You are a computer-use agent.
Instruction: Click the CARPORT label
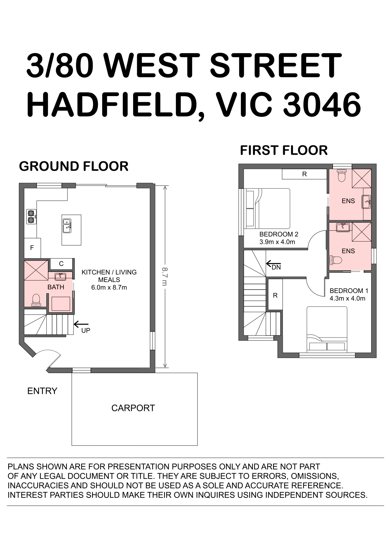[x=133, y=408]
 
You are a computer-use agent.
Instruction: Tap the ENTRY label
[x=42, y=391]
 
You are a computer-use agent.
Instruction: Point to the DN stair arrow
[x=273, y=263]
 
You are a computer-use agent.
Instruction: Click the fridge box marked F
[x=32, y=248]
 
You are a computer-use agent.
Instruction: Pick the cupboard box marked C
[x=61, y=264]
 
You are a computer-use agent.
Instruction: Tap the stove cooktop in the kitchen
[x=31, y=216]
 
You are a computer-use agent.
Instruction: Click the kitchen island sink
[x=67, y=226]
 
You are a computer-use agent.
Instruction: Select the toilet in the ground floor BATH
[x=36, y=300]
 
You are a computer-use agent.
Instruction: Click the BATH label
[x=56, y=287]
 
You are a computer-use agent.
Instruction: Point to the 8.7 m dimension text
[x=165, y=277]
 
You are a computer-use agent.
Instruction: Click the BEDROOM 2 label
[x=279, y=234]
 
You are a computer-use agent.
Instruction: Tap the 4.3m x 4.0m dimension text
[x=347, y=298]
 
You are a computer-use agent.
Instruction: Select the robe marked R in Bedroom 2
[x=304, y=174]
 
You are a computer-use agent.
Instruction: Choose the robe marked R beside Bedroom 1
[x=275, y=295]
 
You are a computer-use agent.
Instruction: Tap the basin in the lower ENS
[x=343, y=227]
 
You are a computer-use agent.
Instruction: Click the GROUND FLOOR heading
[x=74, y=166]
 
